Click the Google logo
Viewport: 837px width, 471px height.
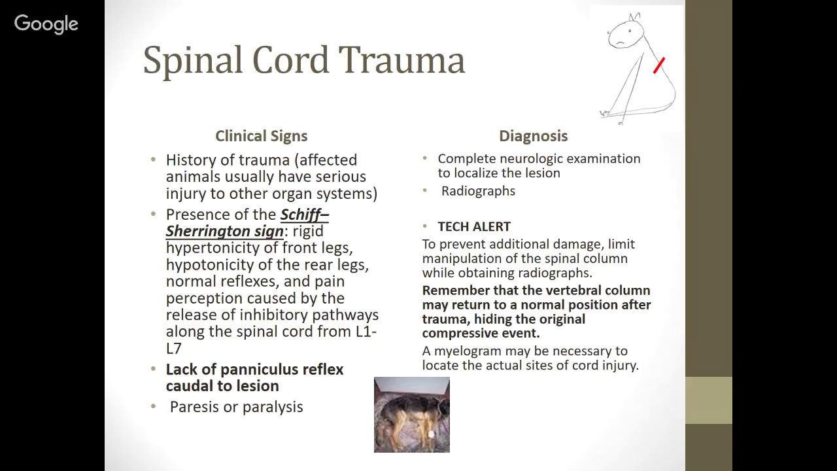pos(46,24)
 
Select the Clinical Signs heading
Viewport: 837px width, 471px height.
pos(261,136)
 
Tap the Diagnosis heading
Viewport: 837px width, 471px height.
pos(533,136)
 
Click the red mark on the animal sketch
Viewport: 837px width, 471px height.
pos(659,65)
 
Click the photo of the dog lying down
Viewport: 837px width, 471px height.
pos(411,415)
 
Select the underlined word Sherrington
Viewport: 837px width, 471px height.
pos(224,231)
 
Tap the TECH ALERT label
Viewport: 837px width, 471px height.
pos(474,226)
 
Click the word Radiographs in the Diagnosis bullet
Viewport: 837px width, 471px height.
pos(478,191)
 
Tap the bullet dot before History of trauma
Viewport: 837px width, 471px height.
pos(153,160)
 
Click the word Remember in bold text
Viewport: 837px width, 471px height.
pos(454,290)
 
